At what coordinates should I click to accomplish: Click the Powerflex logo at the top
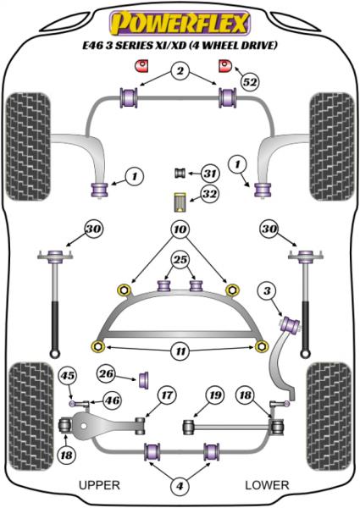(180, 19)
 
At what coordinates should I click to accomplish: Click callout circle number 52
(248, 82)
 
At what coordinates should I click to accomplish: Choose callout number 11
(179, 349)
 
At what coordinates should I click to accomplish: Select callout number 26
(107, 373)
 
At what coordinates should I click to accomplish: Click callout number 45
(68, 377)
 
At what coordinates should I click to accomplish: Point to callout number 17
(165, 394)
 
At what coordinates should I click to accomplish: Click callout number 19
(215, 394)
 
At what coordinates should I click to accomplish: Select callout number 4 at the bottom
(179, 485)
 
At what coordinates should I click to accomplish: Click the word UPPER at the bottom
(99, 485)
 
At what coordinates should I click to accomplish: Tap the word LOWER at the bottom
(267, 485)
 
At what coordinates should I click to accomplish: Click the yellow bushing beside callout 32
(179, 203)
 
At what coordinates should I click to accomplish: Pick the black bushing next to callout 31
(180, 174)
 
